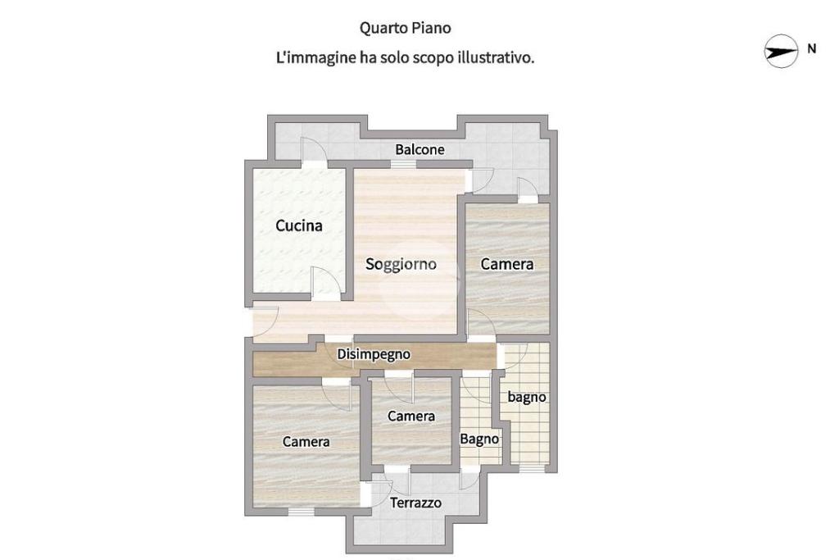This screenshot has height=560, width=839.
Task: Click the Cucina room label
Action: [298, 225]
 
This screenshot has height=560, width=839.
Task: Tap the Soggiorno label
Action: [401, 264]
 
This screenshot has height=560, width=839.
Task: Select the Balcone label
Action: [419, 149]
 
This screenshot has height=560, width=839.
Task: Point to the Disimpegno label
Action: [374, 354]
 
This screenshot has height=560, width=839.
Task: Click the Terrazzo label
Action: [415, 503]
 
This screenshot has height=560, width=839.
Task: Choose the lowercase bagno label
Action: [527, 397]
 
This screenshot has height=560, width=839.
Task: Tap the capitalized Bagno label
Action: [479, 439]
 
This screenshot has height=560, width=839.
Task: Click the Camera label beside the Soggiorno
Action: [506, 264]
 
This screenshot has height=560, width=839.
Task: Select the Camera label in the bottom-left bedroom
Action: [306, 442]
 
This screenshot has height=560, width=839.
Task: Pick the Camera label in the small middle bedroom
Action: [411, 416]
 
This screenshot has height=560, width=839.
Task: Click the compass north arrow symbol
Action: [781, 52]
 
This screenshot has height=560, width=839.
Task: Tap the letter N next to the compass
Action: [812, 48]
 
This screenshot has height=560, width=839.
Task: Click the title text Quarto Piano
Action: [405, 28]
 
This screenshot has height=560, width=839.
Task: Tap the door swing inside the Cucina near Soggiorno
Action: [326, 281]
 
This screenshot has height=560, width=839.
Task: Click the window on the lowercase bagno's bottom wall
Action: [531, 469]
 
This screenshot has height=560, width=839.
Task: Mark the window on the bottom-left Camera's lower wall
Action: [301, 512]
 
